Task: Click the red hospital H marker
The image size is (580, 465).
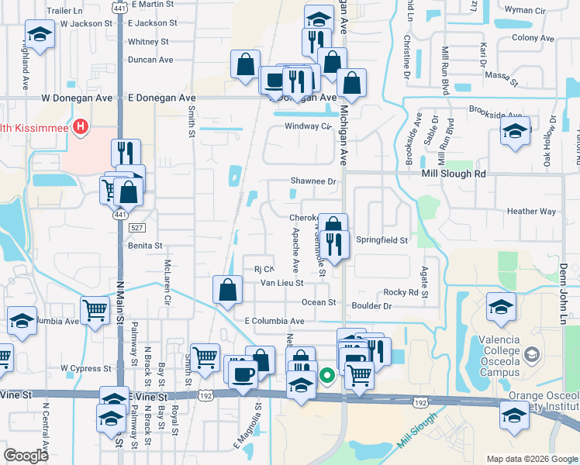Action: (x=79, y=126)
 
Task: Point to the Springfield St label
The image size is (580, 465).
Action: (x=381, y=240)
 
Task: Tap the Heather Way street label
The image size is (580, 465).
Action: (x=531, y=212)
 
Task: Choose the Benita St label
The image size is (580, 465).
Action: (x=146, y=246)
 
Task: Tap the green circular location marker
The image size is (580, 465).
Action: (x=328, y=376)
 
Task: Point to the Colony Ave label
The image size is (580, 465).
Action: (x=533, y=38)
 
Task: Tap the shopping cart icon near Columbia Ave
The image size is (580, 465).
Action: (x=95, y=309)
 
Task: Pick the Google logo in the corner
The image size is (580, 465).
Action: (x=26, y=456)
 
